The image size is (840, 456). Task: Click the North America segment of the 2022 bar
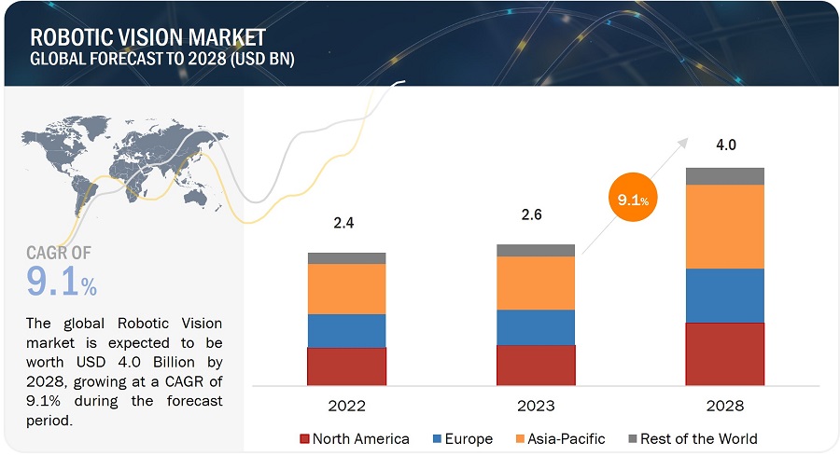346,366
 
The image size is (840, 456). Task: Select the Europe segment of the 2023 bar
536,327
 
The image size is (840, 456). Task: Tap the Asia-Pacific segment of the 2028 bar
724,227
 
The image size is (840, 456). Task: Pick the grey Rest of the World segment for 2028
724,176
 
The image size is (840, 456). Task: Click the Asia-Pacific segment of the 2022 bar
346,289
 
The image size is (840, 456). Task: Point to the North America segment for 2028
724,354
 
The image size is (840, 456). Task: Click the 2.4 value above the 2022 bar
344,224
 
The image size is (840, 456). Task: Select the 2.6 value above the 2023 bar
532,214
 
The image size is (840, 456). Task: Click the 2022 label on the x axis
346,406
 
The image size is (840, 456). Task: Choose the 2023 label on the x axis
536,406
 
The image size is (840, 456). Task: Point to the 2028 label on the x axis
724,406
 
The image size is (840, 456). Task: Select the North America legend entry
354,438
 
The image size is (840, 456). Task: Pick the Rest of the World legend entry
692,438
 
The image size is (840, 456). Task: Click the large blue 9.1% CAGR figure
62,282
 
